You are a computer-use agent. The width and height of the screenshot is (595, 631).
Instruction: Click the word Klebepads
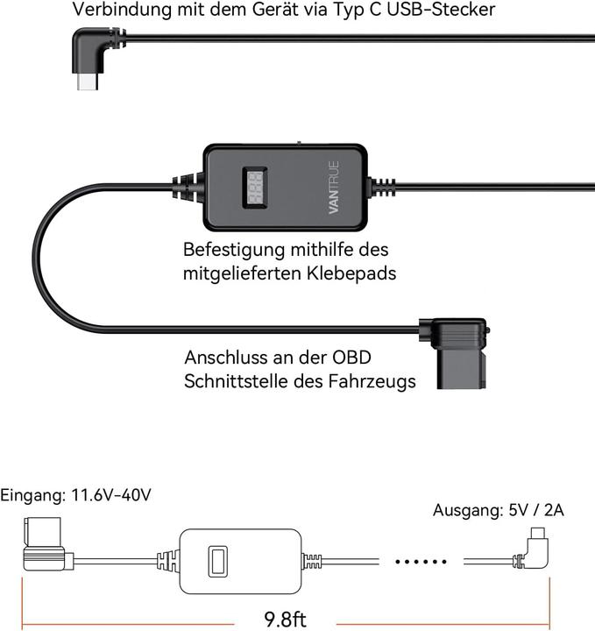[351, 273]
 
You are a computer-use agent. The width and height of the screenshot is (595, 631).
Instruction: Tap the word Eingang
[31, 495]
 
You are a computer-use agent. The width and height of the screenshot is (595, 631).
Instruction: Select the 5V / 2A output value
[533, 510]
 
